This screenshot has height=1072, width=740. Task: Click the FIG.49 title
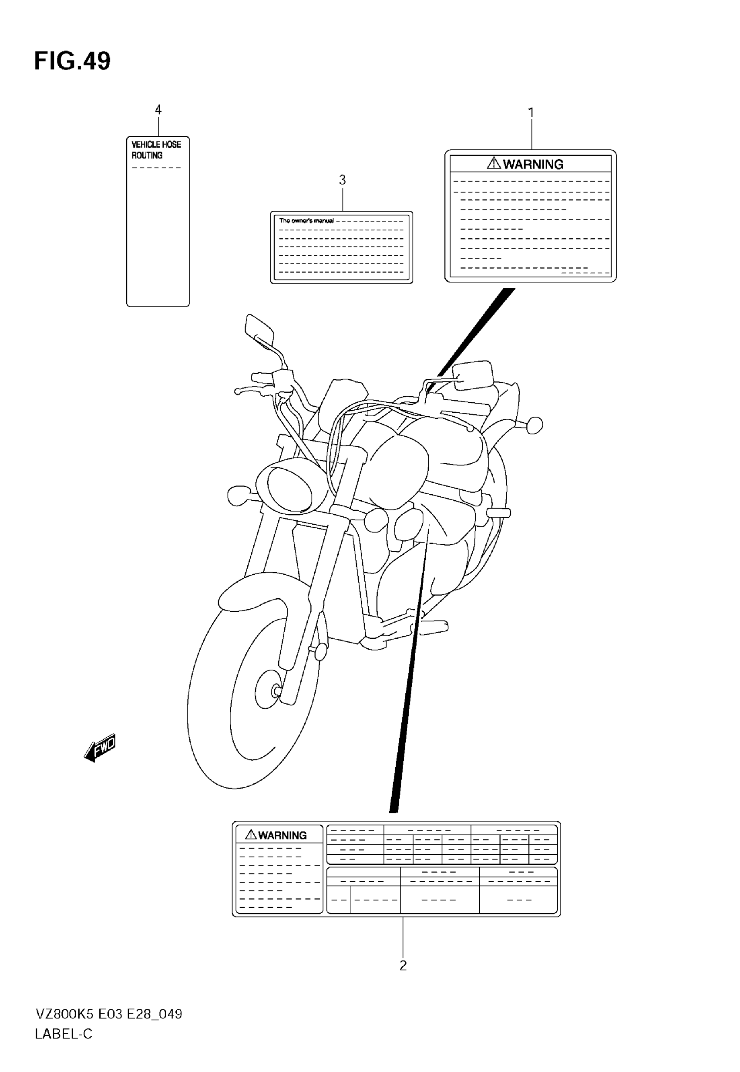coord(72,61)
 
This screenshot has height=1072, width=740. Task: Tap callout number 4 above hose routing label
coord(158,110)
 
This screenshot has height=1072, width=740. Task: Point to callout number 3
coord(342,180)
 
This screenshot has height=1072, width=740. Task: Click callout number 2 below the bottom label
coord(403,965)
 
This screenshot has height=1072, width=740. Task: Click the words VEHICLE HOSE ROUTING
coord(156,150)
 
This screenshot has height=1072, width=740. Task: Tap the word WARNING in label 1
coord(533,164)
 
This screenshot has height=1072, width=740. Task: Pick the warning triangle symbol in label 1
coord(494,163)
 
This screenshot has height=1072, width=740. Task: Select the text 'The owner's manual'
coord(306,221)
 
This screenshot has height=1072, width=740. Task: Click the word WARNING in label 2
coord(283,836)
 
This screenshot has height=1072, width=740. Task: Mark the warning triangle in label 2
coord(251,835)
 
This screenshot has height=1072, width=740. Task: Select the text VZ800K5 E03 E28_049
coord(108,1014)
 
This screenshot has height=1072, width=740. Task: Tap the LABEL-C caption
coord(64,1034)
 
